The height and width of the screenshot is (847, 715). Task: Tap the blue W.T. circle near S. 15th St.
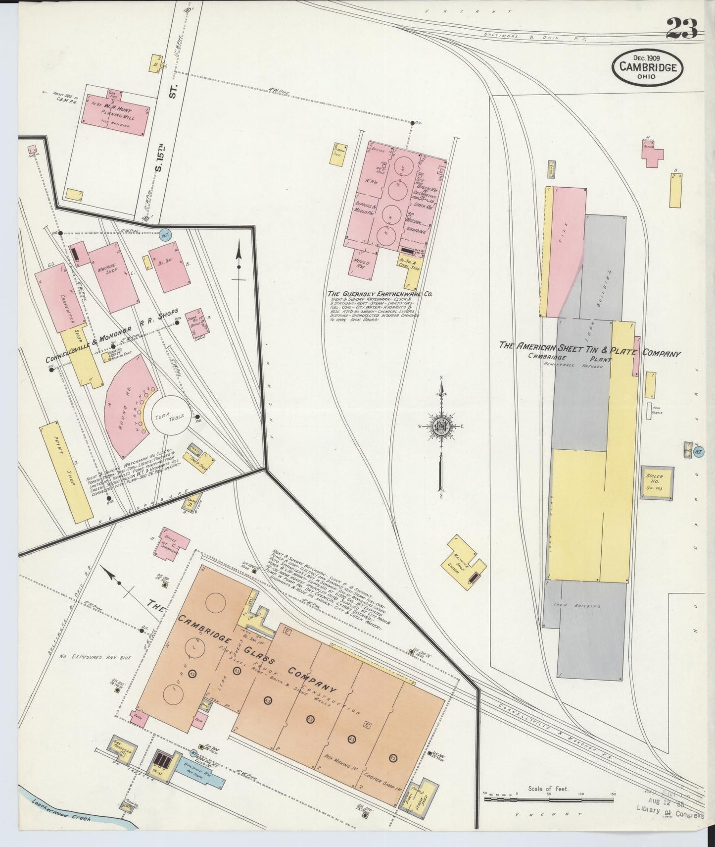tap(166, 236)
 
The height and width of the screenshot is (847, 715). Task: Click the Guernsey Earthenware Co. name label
tap(380, 294)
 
